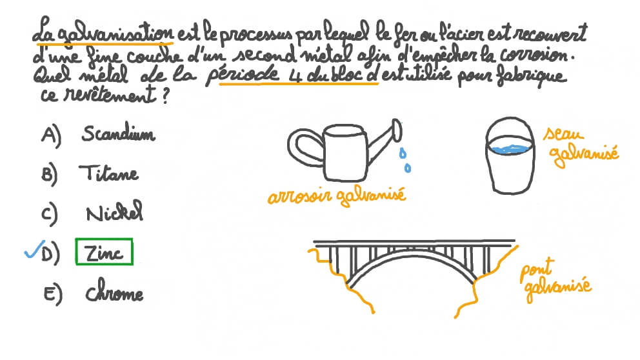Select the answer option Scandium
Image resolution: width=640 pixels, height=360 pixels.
pyautogui.click(x=118, y=133)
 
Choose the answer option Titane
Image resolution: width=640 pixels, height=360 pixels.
pyautogui.click(x=109, y=173)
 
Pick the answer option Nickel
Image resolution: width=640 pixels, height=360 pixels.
pyautogui.click(x=114, y=212)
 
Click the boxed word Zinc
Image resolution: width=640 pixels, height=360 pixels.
pyautogui.click(x=104, y=252)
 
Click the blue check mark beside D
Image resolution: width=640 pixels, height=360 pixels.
pyautogui.click(x=34, y=250)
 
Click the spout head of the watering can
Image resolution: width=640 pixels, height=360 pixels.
pyautogui.click(x=397, y=130)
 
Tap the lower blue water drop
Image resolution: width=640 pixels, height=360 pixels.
pyautogui.click(x=407, y=167)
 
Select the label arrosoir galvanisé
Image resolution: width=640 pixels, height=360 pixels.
pyautogui.click(x=337, y=195)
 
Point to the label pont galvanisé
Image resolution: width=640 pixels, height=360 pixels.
pyautogui.click(x=555, y=279)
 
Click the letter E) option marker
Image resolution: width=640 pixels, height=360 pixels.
pyautogui.click(x=53, y=294)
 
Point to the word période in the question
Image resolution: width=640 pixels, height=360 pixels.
pyautogui.click(x=242, y=74)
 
